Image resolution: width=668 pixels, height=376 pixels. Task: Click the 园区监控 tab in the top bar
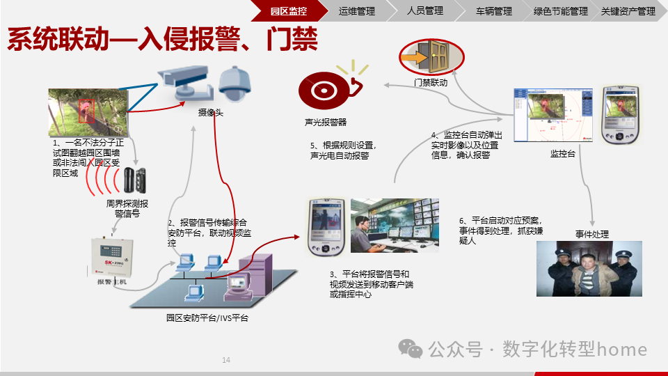click(288, 11)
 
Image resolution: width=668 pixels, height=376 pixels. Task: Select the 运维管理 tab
click(356, 11)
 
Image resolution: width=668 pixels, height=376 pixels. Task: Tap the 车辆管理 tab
click(493, 11)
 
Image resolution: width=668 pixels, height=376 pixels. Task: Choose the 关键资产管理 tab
click(628, 11)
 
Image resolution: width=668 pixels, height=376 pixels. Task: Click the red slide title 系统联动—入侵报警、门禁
click(162, 39)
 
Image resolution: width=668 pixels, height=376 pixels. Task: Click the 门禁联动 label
click(430, 82)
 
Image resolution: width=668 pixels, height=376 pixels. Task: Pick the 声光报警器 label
click(325, 122)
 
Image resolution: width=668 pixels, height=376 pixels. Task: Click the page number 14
click(225, 360)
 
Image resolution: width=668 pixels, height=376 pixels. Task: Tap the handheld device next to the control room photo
click(326, 227)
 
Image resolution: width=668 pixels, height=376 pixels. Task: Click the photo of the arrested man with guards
click(589, 269)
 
